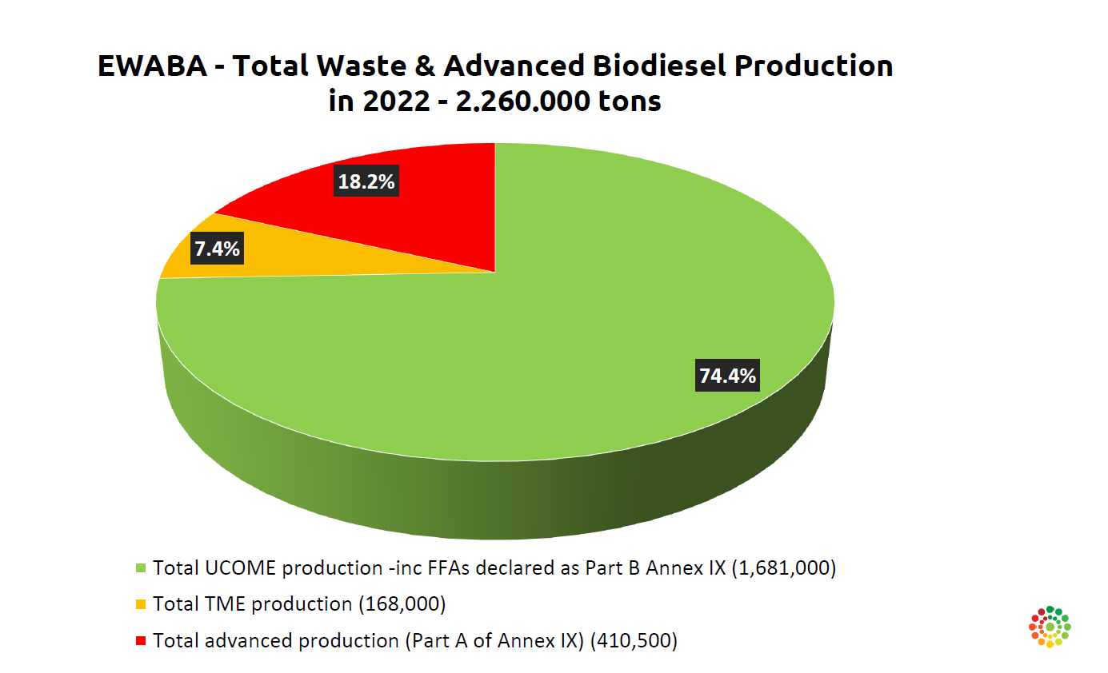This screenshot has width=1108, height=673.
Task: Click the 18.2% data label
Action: coord(366,181)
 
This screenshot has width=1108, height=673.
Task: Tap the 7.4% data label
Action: coord(217,248)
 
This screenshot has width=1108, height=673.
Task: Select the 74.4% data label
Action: coord(727,376)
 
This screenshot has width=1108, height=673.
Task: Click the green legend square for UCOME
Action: coord(141,568)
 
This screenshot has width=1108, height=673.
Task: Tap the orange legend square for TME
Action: coord(141,604)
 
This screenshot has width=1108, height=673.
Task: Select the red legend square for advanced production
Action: coord(141,641)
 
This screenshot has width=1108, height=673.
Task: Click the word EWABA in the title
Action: coord(152,66)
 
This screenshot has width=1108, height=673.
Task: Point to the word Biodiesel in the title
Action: coord(659,66)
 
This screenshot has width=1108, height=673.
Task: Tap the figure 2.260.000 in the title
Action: coord(522,102)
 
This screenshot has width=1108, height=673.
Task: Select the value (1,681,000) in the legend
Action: coord(784,568)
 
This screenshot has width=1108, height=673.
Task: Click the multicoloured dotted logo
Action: coord(1050,627)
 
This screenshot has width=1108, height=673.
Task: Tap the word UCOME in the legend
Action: coord(240,568)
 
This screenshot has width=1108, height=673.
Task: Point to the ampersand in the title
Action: coord(425,66)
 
